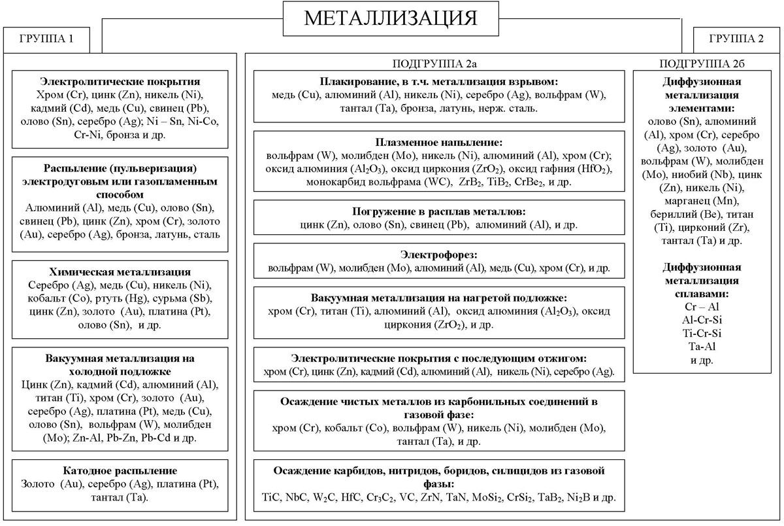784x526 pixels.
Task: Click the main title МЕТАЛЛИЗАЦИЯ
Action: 391,18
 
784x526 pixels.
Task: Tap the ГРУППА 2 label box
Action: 736,38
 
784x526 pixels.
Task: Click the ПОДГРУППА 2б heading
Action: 702,63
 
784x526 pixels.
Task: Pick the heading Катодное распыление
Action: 120,470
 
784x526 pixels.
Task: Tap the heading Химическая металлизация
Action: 120,272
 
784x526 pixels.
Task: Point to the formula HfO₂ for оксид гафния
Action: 593,169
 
